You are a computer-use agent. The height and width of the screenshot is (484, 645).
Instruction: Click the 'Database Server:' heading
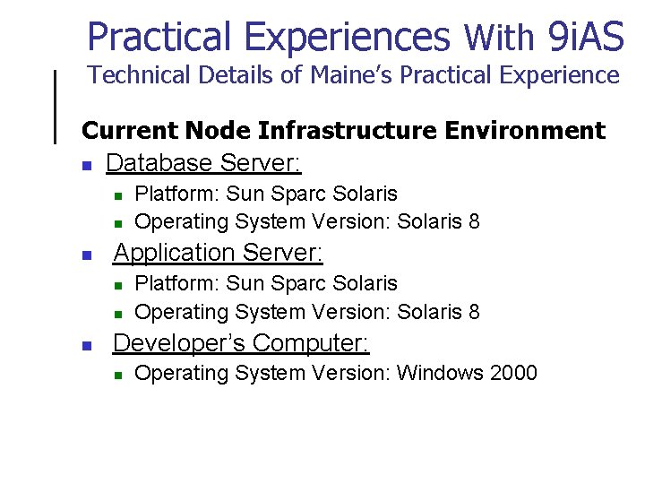pos(203,163)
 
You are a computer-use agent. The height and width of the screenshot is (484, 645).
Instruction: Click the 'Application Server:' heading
pos(218,253)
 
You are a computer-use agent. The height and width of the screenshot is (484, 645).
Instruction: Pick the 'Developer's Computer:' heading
pos(241,343)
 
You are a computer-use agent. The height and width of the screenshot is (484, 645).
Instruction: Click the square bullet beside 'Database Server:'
pos(87,166)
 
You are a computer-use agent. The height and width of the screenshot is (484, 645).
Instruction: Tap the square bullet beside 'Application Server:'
pos(87,255)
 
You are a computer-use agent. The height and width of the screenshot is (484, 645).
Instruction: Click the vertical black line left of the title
pos(56,106)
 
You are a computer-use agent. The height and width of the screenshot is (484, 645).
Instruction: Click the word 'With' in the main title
pos(499,39)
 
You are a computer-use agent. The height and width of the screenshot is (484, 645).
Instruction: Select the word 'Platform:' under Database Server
pos(176,194)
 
